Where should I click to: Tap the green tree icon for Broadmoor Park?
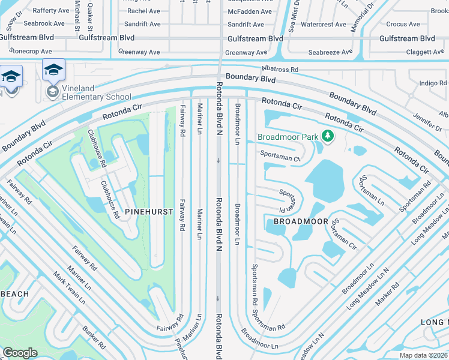pyautogui.click(x=328, y=137)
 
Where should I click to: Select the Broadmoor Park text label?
pyautogui.click(x=288, y=137)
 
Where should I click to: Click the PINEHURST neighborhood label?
pyautogui.click(x=149, y=212)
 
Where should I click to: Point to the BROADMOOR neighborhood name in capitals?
pyautogui.click(x=301, y=221)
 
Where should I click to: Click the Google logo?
pyautogui.click(x=20, y=352)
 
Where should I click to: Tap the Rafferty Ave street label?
pyautogui.click(x=51, y=11)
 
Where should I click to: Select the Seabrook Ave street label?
pyautogui.click(x=44, y=24)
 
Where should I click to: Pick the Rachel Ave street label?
pyautogui.click(x=143, y=11)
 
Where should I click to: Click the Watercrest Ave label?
pyautogui.click(x=323, y=25)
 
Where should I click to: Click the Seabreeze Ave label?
pyautogui.click(x=331, y=52)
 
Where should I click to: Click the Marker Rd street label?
pyautogui.click(x=387, y=296)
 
